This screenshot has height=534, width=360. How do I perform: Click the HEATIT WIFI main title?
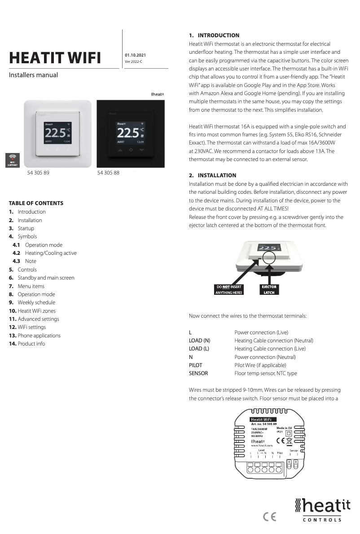coord(55,58)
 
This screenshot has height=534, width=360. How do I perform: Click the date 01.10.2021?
coord(135,55)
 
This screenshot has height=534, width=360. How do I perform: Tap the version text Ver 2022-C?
coord(133,61)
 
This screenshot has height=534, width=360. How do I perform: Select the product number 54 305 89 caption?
coord(38,173)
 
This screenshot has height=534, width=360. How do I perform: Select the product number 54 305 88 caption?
coord(108,173)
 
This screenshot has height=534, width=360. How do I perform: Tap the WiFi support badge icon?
coord(12,160)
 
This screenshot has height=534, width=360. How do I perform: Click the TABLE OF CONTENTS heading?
coord(36,203)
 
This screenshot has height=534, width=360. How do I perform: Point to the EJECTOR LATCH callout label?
coord(269,290)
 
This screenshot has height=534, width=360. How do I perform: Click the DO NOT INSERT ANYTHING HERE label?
coord(229,290)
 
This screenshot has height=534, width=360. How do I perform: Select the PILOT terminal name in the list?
coord(195,365)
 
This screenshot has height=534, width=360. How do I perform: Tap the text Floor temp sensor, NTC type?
coord(266,373)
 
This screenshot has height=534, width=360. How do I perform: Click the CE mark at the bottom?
coord(269,516)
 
